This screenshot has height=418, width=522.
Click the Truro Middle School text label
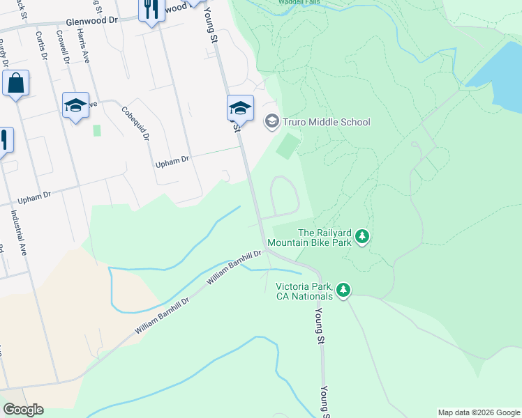(x=326, y=122)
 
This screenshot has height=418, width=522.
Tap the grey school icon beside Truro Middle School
(x=271, y=122)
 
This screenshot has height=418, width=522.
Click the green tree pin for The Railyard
(x=361, y=237)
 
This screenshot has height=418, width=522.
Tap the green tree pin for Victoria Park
(x=343, y=289)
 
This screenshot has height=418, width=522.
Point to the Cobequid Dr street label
(x=136, y=123)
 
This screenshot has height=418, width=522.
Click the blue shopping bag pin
(x=15, y=84)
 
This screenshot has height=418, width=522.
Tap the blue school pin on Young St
(x=239, y=107)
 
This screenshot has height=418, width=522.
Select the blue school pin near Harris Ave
(x=75, y=105)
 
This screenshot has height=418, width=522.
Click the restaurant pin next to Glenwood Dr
(x=151, y=10)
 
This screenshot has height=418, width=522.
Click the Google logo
(x=23, y=409)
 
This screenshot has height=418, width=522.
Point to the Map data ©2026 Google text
(x=478, y=412)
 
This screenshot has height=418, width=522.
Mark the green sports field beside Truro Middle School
(x=288, y=146)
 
